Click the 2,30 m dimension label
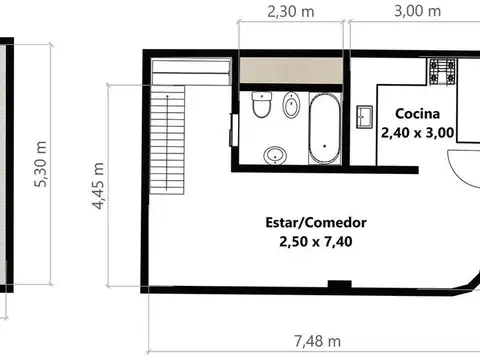click(291, 12)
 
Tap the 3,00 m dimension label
click(417, 11)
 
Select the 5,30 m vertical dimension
click(41, 164)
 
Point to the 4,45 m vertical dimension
click(98, 186)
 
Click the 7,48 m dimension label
click(317, 341)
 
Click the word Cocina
click(417, 114)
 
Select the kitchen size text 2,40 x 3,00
click(417, 133)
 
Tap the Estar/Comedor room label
click(316, 222)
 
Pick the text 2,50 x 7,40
click(316, 241)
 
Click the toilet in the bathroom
click(262, 104)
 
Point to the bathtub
click(325, 129)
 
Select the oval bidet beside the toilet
click(291, 104)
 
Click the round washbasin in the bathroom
click(275, 155)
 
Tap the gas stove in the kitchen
click(443, 71)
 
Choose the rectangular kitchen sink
click(365, 117)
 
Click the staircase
click(167, 139)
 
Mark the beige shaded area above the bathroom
click(291, 70)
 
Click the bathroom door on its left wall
click(234, 130)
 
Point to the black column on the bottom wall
click(340, 284)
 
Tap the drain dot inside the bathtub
click(325, 146)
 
